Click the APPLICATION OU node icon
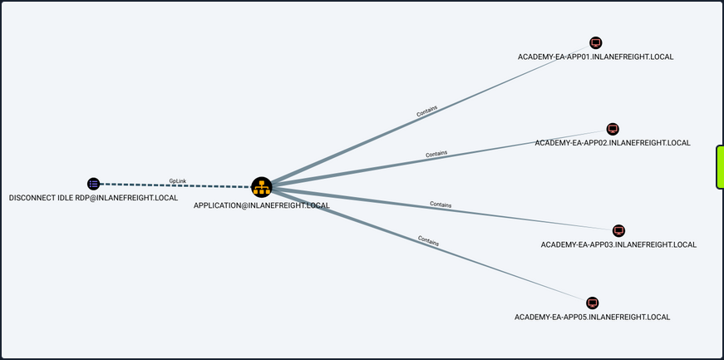pos(262,187)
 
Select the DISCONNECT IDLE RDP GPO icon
pos(93,184)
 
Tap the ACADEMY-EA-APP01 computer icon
pos(595,43)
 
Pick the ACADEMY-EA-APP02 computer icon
pos(613,129)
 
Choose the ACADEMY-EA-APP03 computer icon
pos(618,230)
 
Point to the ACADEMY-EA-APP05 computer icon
pos(593,303)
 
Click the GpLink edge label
pos(178,180)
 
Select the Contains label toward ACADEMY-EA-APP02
pos(436,155)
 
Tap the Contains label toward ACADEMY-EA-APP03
pos(441,204)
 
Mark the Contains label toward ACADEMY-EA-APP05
pos(428,241)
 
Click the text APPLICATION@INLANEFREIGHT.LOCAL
pos(262,205)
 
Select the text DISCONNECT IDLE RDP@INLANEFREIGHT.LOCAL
pos(93,198)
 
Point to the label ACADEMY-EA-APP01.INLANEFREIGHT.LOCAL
pos(595,57)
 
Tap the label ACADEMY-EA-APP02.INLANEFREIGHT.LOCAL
pos(613,143)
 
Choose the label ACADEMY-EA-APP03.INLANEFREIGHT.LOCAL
pos(618,244)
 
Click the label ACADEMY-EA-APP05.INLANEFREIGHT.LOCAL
pos(593,317)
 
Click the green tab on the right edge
pos(720,166)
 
